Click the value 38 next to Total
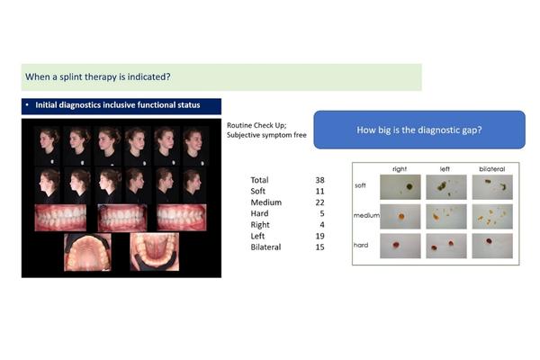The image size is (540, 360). (x=319, y=180)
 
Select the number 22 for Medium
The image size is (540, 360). (x=319, y=202)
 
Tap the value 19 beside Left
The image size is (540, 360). (x=319, y=236)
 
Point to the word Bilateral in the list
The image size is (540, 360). (x=265, y=247)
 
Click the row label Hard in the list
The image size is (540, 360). (x=259, y=213)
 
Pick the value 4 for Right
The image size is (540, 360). (x=322, y=225)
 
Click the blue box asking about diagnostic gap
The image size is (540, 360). (x=419, y=130)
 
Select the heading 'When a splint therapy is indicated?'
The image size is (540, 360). (x=98, y=76)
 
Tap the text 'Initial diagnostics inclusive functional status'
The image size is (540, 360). (x=118, y=105)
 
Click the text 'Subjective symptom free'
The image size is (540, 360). (x=266, y=135)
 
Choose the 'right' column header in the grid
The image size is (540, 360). (x=400, y=169)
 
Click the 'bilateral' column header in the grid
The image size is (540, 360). (x=491, y=169)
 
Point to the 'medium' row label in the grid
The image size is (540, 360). (x=366, y=215)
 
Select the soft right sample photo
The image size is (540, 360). (x=400, y=187)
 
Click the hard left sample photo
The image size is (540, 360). (x=446, y=246)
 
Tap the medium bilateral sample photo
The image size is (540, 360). (x=492, y=216)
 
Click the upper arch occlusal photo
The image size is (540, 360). (x=87, y=252)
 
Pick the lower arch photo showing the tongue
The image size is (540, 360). (x=154, y=252)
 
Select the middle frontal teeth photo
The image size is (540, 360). (x=122, y=218)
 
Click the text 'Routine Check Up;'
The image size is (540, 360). (x=256, y=125)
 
